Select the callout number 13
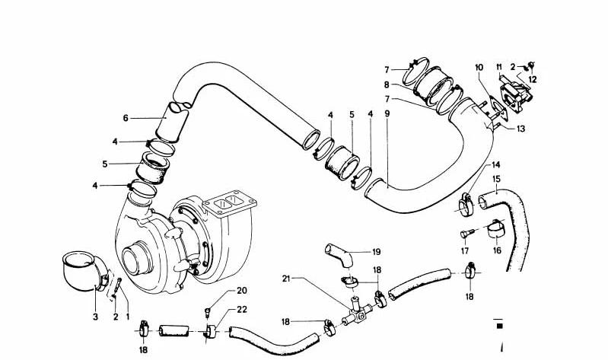(x=520, y=129)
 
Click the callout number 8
(x=387, y=84)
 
